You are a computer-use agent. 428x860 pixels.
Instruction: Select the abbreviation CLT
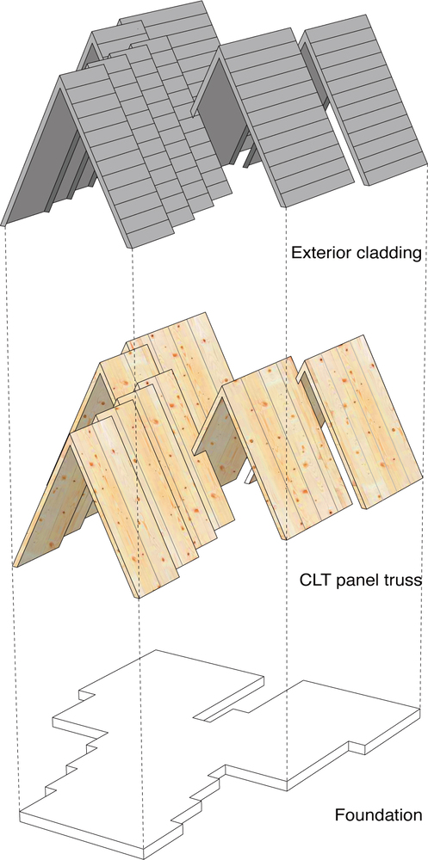(x=313, y=580)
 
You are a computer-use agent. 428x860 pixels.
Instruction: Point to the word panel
(x=352, y=580)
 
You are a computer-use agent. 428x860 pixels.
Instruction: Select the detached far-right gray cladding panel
(x=364, y=99)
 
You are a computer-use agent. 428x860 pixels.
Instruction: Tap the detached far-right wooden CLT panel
(x=360, y=425)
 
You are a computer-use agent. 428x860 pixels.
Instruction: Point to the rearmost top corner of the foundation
(x=157, y=650)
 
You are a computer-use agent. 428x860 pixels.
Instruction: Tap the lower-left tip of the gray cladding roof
(x=3, y=224)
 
